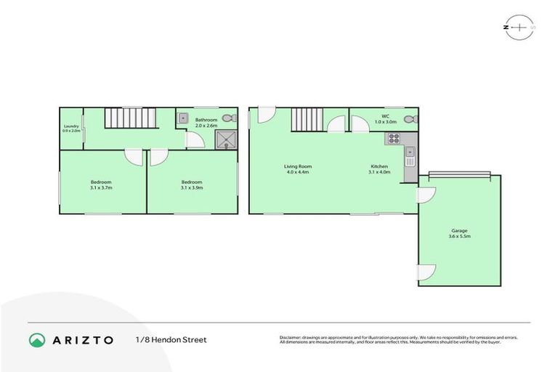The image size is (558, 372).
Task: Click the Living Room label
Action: click(296, 166)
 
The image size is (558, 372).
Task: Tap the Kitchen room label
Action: click(379, 166)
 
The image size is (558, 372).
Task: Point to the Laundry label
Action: click(71, 126)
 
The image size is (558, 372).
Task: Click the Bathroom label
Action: click(206, 120)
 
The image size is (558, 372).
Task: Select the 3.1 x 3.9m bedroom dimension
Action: click(192, 187)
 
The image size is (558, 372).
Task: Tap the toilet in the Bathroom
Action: click(229, 118)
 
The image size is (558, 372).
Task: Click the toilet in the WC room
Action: click(410, 119)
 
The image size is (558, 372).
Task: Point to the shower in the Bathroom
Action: click(225, 141)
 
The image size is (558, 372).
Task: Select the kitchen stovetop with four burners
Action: click(395, 138)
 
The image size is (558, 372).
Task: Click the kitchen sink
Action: click(410, 153)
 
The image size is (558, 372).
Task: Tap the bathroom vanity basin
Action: click(184, 118)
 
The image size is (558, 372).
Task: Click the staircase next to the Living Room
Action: click(308, 118)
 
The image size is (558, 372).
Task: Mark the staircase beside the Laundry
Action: click(128, 118)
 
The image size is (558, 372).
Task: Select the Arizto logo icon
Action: click(38, 339)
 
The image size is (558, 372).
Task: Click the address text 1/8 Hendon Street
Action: click(171, 339)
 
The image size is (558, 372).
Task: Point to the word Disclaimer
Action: click(293, 338)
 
